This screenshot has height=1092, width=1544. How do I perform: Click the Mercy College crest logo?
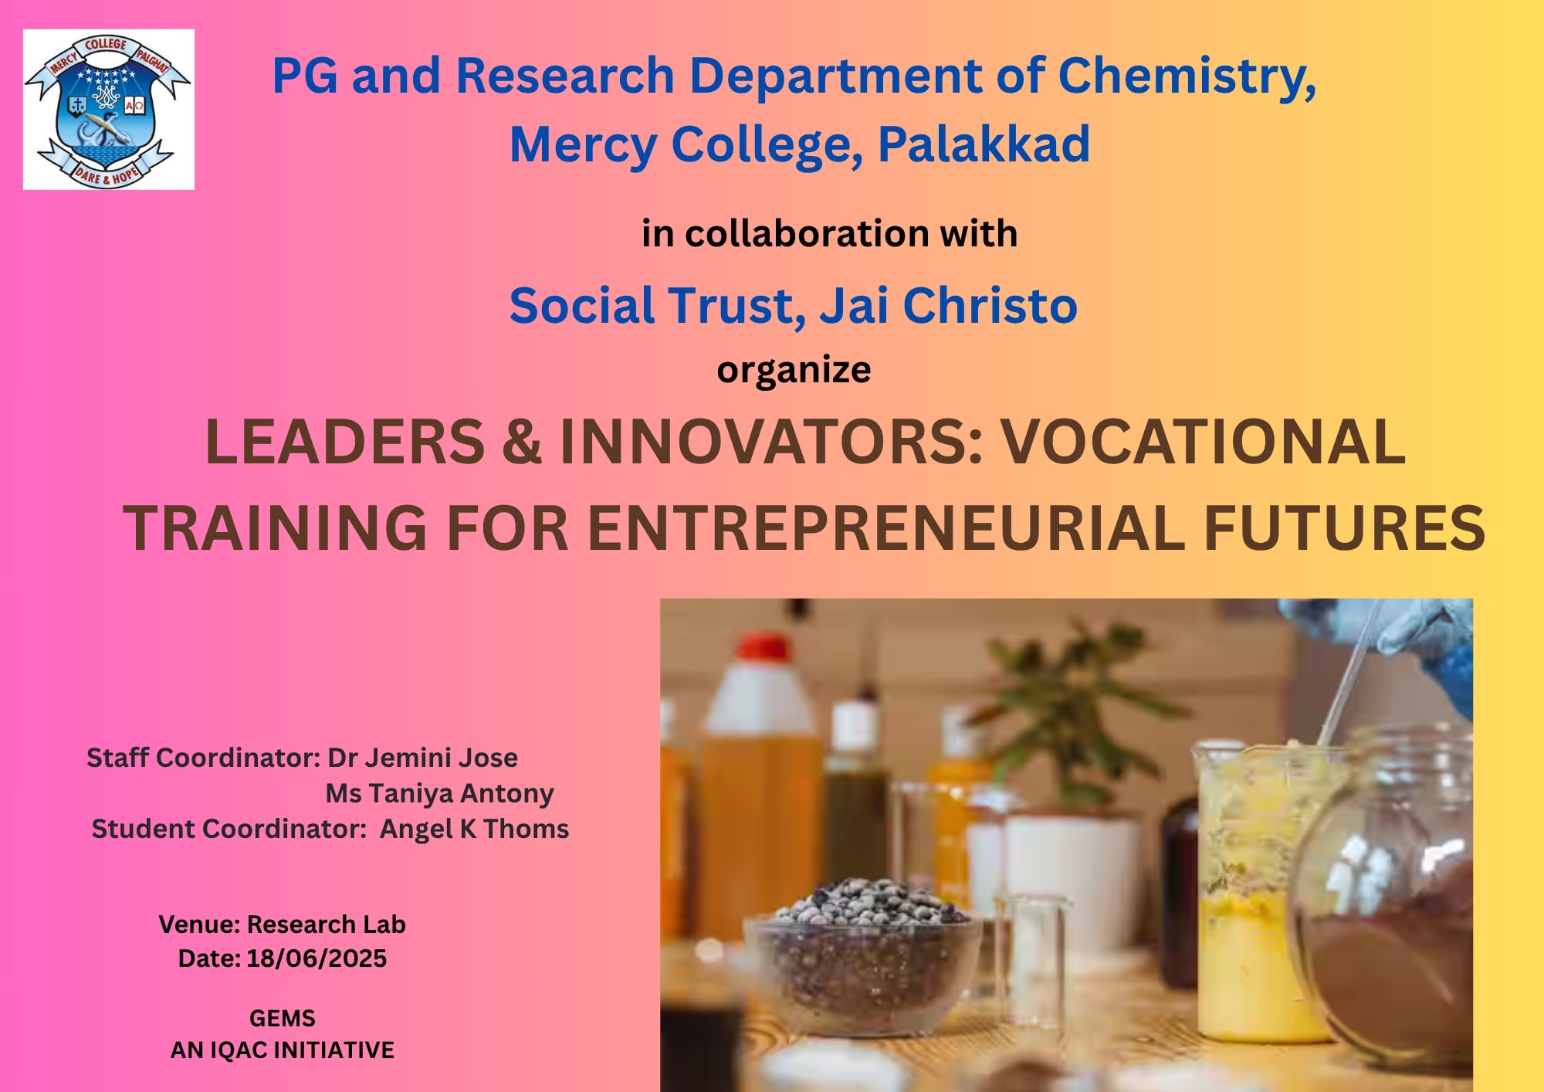[x=108, y=110]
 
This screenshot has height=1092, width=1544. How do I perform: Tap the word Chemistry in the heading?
[x=1187, y=77]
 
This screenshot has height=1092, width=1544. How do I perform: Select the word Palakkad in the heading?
[x=984, y=144]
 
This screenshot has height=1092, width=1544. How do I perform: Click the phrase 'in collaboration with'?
[x=829, y=233]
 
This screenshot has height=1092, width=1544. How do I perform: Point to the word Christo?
[x=990, y=305]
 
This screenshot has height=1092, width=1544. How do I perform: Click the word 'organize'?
[x=794, y=370]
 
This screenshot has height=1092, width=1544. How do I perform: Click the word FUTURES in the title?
[x=1344, y=528]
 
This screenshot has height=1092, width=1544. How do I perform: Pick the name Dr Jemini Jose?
[x=422, y=758]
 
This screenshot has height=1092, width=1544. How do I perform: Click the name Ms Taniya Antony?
[x=439, y=793]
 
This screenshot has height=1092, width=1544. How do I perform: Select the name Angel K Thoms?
[x=474, y=829]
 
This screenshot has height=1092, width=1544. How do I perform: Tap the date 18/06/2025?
[x=317, y=958]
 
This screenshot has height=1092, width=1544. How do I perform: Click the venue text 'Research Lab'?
[x=326, y=924]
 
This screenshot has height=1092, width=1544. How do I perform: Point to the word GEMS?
[x=282, y=1019]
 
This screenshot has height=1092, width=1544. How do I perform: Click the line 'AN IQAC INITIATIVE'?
[x=282, y=1050]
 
